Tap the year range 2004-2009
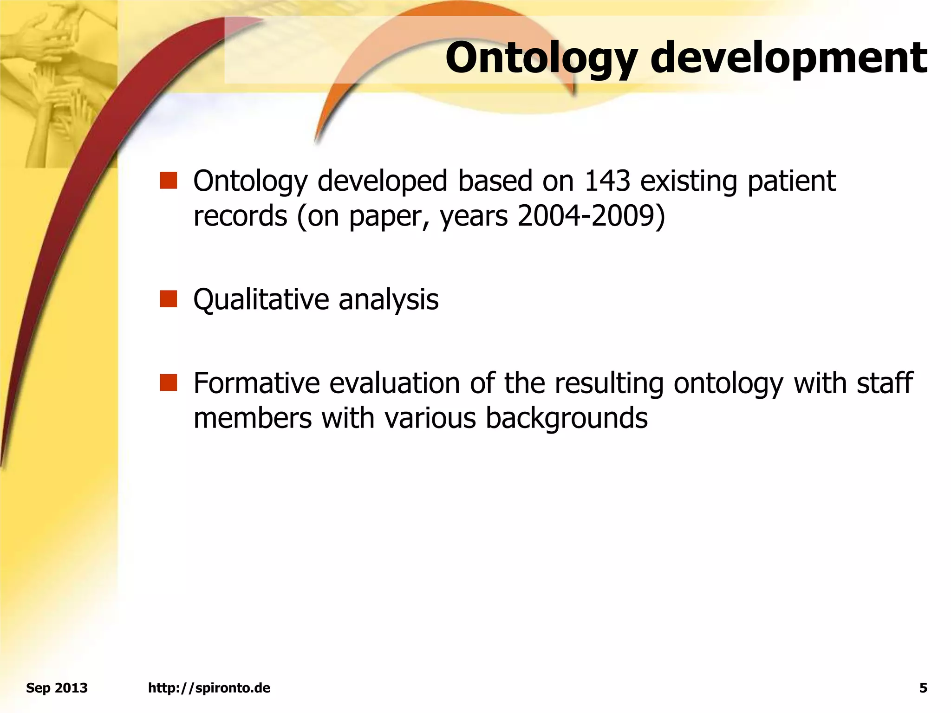(x=586, y=216)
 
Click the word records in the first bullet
(x=240, y=216)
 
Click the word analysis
(x=388, y=300)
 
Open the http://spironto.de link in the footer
(x=209, y=688)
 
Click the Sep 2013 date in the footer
(x=57, y=688)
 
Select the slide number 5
(x=923, y=688)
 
